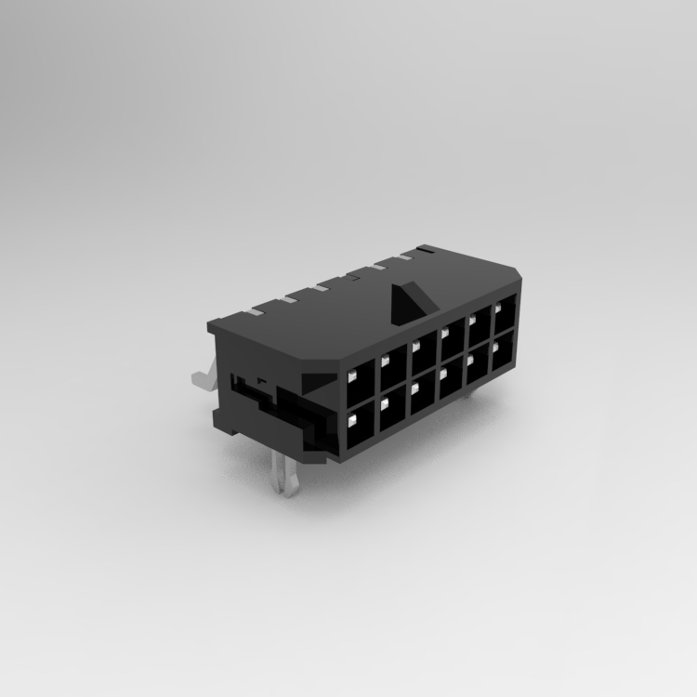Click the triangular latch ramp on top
(x=409, y=298)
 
